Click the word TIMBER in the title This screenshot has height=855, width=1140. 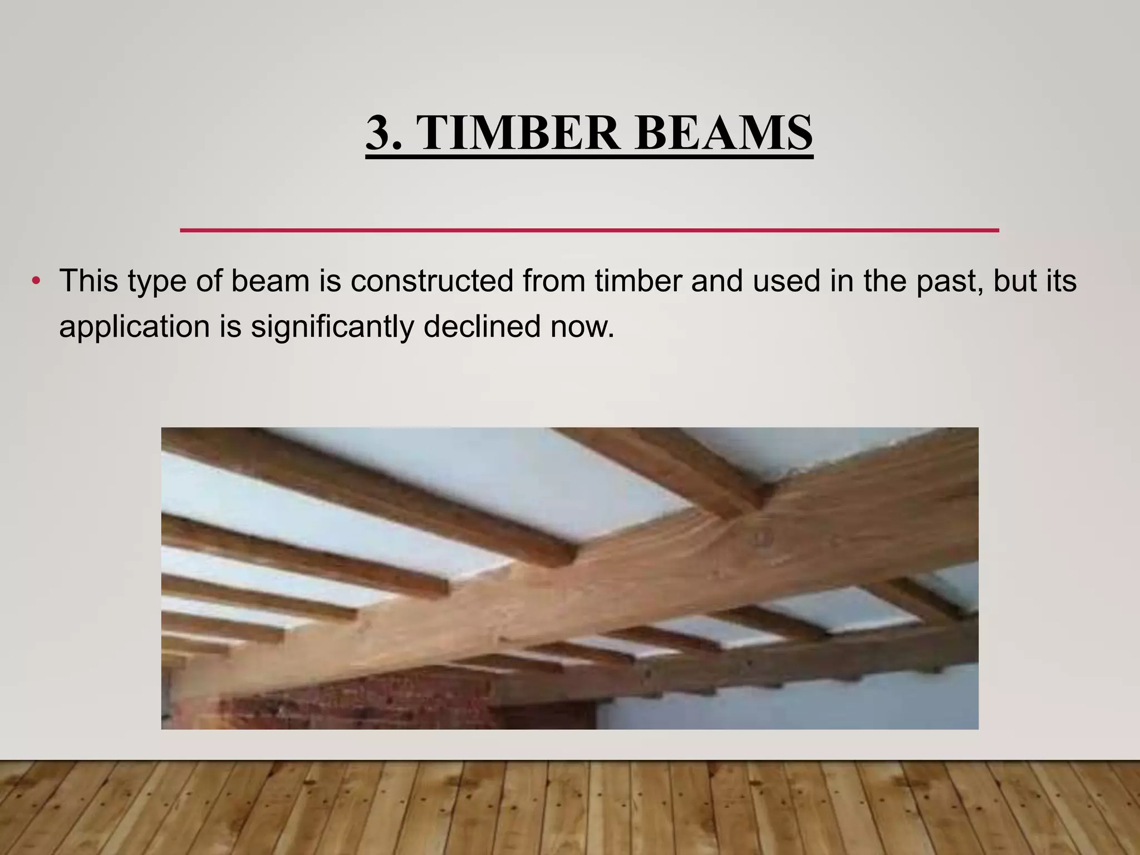click(x=518, y=134)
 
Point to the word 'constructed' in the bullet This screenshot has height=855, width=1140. click(x=432, y=281)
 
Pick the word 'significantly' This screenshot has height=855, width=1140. click(x=332, y=327)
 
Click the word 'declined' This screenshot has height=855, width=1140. click(x=482, y=326)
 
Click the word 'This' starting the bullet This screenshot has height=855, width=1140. click(x=89, y=281)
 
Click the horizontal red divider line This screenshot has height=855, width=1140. click(x=589, y=230)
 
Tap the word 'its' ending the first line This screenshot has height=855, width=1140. click(x=1061, y=281)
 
